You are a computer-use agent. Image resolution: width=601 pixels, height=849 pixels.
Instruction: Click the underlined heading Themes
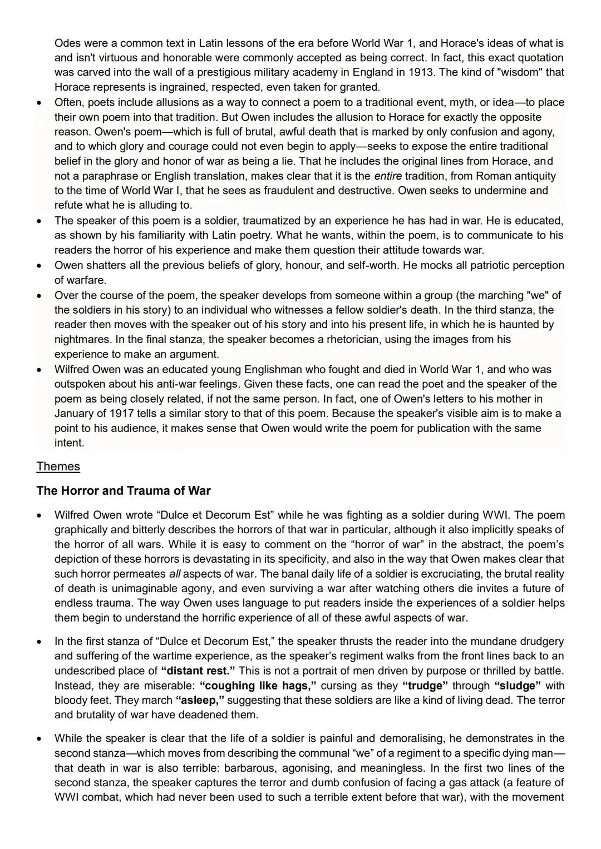pos(58,466)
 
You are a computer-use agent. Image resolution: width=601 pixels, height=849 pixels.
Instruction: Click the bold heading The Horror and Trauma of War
pos(124,490)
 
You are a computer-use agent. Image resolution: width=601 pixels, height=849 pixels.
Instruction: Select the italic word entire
pos(388,176)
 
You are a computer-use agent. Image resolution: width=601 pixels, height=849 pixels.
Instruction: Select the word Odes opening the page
pos(67,43)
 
